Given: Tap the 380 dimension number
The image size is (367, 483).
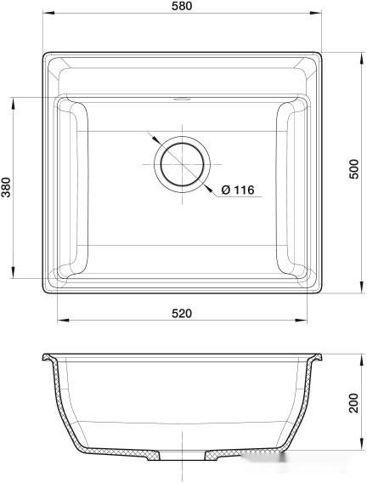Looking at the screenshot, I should click(7, 187).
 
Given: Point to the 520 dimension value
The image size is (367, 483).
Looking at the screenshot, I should click(183, 313).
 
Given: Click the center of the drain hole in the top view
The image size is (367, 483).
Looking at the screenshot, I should click(180, 162).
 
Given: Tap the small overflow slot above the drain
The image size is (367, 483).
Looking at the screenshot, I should click(180, 98).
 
